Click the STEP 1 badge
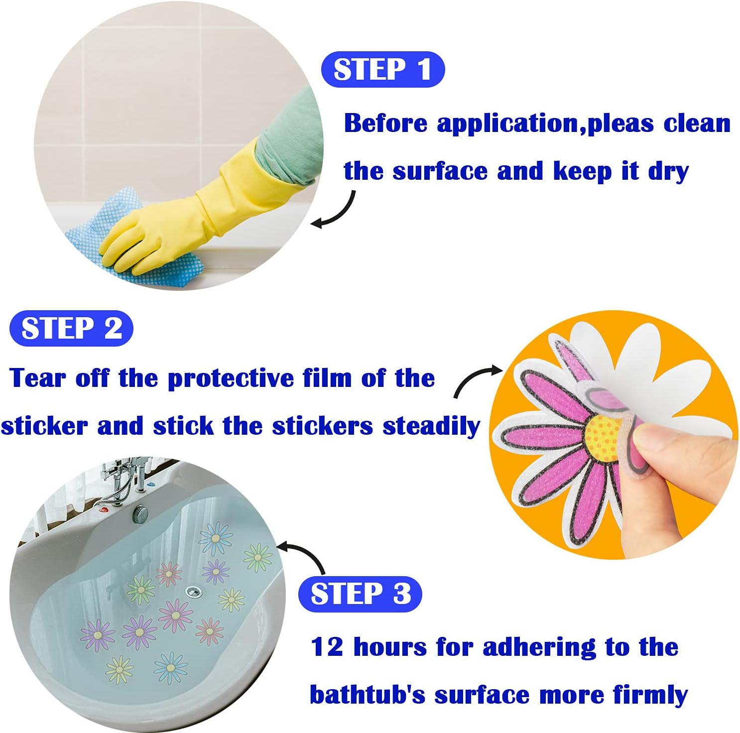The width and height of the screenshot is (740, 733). (382, 70)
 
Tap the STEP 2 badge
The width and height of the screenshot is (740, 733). (72, 329)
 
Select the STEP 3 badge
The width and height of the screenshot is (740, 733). (360, 594)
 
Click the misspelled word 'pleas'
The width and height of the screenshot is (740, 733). (620, 123)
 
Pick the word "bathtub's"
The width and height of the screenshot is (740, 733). (368, 695)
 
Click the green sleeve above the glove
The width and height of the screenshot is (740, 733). (289, 139)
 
